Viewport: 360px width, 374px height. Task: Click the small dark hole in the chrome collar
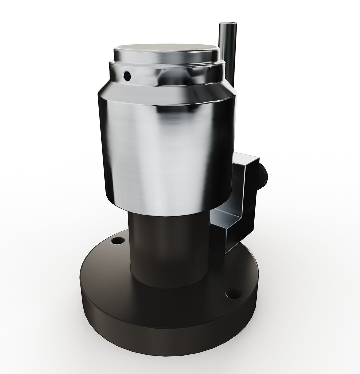[x=127, y=76]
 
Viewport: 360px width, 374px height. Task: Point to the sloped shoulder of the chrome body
[x=167, y=95]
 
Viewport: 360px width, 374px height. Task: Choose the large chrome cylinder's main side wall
[x=167, y=150]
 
